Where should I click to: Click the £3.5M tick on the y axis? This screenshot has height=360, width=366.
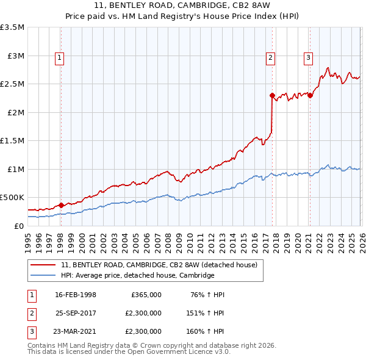point(12,27)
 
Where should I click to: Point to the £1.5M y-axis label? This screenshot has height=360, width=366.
point(12,141)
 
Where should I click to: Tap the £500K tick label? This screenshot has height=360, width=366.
point(12,198)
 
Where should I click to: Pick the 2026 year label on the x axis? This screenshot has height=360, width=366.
point(361,238)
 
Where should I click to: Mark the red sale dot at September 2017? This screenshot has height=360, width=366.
point(272,95)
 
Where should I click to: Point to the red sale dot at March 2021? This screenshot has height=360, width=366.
point(310,95)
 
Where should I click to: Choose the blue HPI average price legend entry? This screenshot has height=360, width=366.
point(137,276)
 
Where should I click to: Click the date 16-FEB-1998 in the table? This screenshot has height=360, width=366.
point(76,295)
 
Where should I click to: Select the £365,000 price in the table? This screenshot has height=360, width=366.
point(146,295)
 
